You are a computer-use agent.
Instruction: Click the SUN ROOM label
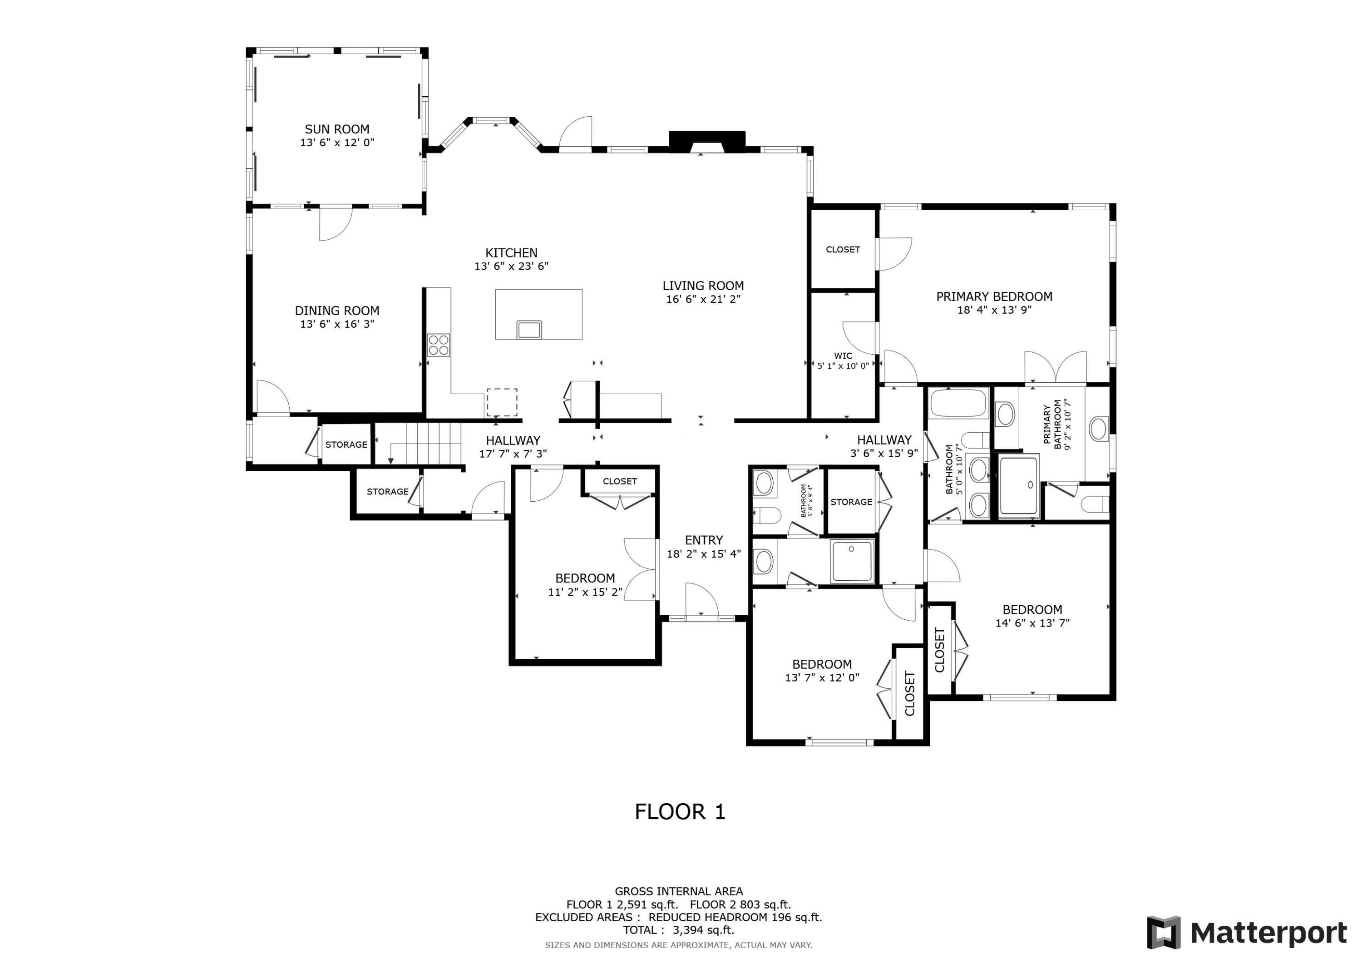coord(337,129)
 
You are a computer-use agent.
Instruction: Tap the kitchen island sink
coord(528,329)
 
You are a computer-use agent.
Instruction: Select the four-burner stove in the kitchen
coord(439,345)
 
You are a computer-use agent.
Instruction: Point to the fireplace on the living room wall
coord(706,142)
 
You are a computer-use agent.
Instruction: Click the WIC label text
coord(843,356)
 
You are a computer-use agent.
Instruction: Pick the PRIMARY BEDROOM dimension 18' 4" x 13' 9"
coord(994,310)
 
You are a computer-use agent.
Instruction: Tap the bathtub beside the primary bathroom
coord(958,404)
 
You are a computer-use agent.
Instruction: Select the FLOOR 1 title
coord(680,812)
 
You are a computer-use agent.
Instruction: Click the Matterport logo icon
coord(1163,933)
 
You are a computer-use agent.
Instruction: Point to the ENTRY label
coord(704,540)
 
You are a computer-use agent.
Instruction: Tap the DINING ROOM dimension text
coord(337,324)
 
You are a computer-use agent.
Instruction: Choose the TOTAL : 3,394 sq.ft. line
coord(679,930)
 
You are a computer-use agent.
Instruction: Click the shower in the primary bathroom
coord(1018,485)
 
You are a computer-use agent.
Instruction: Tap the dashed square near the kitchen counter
coord(502,403)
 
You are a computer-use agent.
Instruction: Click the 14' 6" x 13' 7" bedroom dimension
coord(1032,623)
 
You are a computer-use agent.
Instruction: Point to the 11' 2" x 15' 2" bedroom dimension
coord(585,592)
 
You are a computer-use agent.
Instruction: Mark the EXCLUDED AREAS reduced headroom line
coord(679,917)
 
